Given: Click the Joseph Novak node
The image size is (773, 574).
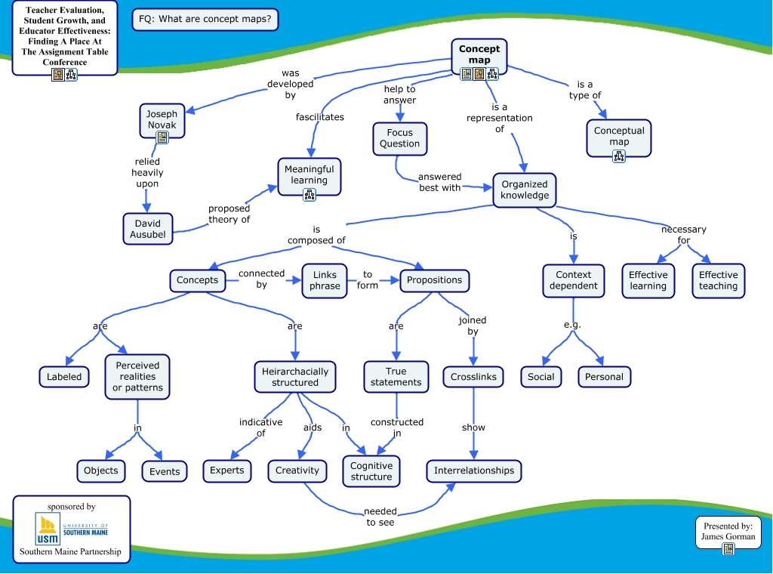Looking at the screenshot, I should click(162, 119).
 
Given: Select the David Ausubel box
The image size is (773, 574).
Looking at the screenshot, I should click(148, 229).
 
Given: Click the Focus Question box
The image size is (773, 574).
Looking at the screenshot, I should click(399, 138).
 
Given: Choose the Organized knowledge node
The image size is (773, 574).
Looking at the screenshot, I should click(525, 190).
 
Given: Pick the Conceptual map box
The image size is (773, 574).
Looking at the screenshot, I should click(619, 136).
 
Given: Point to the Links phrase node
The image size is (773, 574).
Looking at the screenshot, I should click(325, 280).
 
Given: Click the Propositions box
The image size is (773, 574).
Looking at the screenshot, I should click(434, 280).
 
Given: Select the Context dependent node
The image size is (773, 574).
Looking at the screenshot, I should click(574, 280).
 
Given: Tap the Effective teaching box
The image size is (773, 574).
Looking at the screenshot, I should click(718, 280).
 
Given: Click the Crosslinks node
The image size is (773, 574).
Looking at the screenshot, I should click(473, 376).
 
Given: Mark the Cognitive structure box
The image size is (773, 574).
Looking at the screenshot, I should click(371, 471).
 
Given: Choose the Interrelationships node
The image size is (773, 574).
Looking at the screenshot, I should click(473, 471).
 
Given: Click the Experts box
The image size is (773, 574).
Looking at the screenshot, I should click(227, 471).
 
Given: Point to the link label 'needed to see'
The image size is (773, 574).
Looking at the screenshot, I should click(380, 517).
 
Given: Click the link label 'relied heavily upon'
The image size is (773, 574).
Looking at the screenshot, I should click(147, 172).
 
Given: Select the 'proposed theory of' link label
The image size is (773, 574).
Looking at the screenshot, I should click(229, 214).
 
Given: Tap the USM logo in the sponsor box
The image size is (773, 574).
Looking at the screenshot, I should click(48, 529).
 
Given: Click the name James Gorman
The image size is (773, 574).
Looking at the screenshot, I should click(728, 536).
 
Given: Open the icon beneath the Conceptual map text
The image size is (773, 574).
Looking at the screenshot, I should click(619, 156).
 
